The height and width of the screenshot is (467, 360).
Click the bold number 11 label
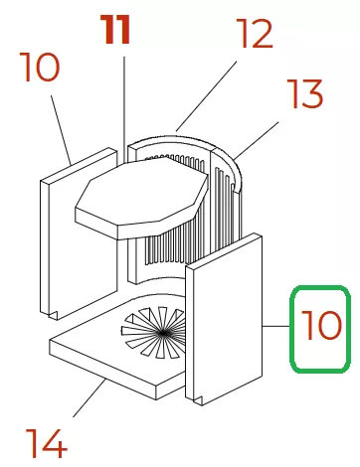point(116,30)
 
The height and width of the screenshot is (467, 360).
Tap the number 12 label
point(255,33)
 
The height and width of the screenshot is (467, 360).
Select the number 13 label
point(304,93)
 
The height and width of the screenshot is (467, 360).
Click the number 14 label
point(47,443)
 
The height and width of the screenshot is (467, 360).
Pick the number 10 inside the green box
point(321,325)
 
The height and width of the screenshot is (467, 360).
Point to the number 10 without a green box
point(40,67)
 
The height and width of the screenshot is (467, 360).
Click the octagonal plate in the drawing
point(142,198)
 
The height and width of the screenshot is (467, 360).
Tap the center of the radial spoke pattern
point(163,333)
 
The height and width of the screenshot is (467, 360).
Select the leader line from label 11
point(124,109)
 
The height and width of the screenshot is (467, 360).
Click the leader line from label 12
point(206,95)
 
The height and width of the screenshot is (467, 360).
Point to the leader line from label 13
point(256,140)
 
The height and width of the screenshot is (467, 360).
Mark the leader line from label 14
point(90,397)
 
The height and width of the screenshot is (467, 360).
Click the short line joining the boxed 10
point(276,326)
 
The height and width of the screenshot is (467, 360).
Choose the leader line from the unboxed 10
point(61,130)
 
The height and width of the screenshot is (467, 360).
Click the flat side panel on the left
point(79,233)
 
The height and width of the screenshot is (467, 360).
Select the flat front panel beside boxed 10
point(224,319)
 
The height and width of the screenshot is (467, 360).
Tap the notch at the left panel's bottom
point(54,316)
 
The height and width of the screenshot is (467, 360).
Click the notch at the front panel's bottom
point(198,400)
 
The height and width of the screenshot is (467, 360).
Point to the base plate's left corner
point(50,341)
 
